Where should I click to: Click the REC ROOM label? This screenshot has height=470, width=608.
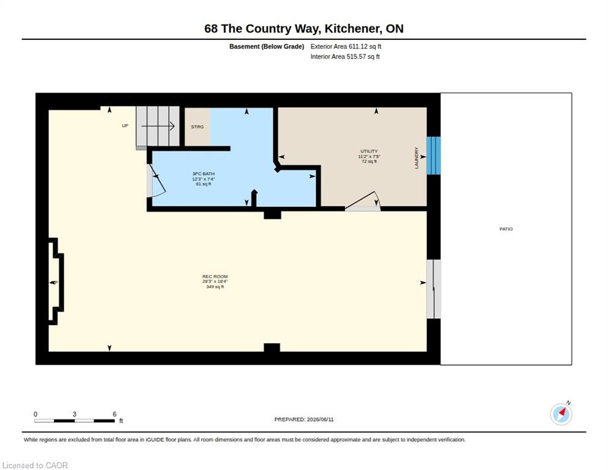pos(215,277)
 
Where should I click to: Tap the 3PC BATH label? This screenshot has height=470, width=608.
pos(203,173)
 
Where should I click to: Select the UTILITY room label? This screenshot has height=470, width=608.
pos(369,151)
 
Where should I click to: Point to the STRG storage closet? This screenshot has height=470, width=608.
pos(198,127)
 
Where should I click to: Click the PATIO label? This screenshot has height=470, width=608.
pos(506,229)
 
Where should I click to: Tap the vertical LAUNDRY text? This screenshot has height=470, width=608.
pos(417,157)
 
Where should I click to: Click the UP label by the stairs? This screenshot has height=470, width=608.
pos(125,125)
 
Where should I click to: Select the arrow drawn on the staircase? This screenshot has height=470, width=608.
pos(158,125)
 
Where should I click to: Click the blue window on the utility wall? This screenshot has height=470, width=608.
pos(434,155)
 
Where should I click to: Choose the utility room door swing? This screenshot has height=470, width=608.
pos(363,201)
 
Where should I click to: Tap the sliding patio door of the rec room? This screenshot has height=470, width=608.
pos(434,289)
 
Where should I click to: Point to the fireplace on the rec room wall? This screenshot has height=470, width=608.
pos(56,282)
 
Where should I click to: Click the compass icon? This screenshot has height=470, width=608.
pos(561,414)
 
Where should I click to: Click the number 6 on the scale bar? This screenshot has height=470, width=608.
pos(114,414)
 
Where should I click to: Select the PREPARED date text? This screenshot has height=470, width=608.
pos(303,419)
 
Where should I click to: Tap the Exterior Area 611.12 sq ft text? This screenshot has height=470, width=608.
pos(346,47)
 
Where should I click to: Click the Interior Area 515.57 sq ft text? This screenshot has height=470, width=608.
pos(345,57)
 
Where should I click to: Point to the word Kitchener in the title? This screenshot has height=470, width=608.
pos(352,29)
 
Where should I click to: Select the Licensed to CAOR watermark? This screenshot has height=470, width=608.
pos(35,465)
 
